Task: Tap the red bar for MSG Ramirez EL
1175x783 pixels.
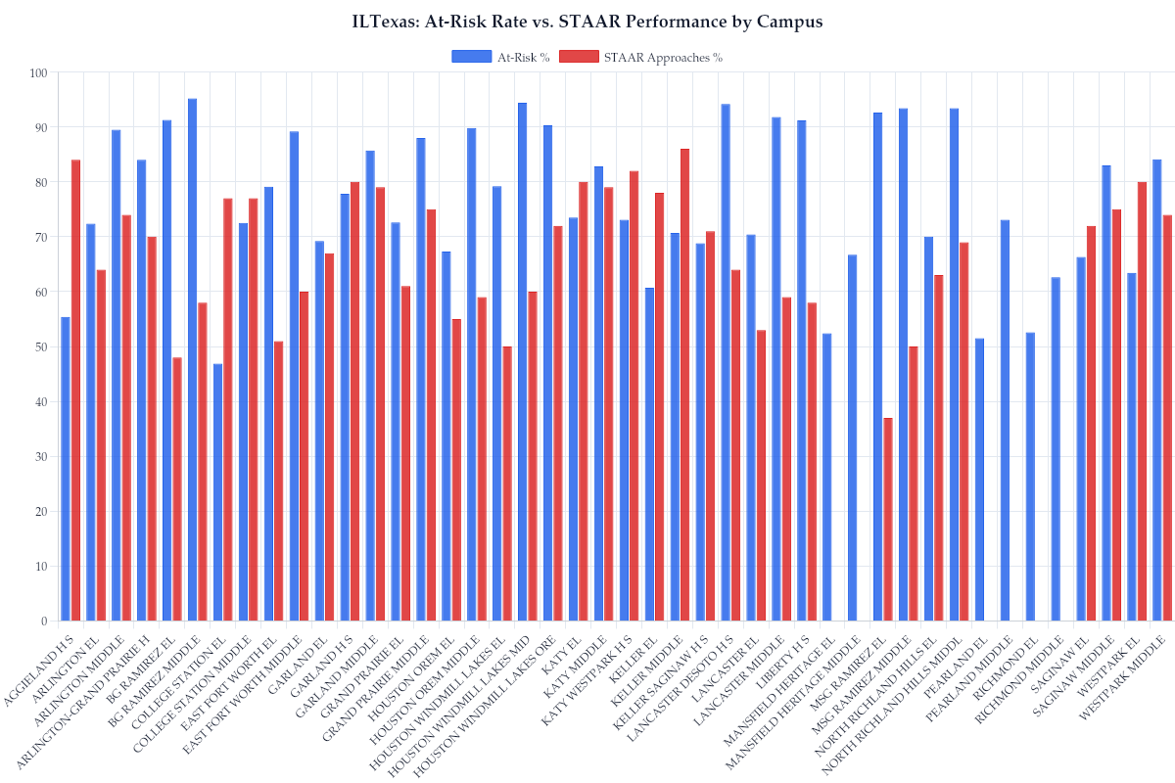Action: point(887,519)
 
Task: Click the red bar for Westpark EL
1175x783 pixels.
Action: point(1142,401)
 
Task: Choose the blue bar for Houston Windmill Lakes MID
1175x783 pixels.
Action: point(522,362)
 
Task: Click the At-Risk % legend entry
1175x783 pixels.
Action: point(500,57)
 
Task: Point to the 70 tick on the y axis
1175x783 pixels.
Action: point(38,237)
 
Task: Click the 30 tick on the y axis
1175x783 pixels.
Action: point(38,456)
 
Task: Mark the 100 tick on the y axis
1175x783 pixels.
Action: point(38,72)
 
